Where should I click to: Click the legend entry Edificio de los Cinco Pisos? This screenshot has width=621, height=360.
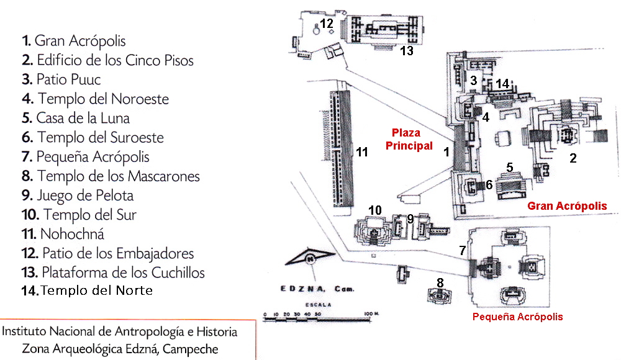click(107, 60)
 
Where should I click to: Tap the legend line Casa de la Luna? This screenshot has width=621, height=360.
click(75, 118)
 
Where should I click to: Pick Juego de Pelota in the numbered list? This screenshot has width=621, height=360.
click(77, 196)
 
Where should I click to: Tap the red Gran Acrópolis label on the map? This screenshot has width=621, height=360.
click(566, 205)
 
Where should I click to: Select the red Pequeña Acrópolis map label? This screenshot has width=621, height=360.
click(517, 317)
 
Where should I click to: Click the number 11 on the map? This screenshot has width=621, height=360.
click(361, 151)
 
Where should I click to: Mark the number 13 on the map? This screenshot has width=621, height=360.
click(407, 52)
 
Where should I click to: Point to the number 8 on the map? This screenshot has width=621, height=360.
click(440, 283)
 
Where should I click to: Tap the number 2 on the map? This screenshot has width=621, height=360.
click(573, 158)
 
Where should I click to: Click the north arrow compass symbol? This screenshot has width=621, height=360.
click(309, 258)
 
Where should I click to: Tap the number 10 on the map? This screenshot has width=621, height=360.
click(374, 210)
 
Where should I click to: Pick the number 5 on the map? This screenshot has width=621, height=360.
click(509, 167)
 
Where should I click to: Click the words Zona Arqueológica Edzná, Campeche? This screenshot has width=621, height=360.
click(120, 349)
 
